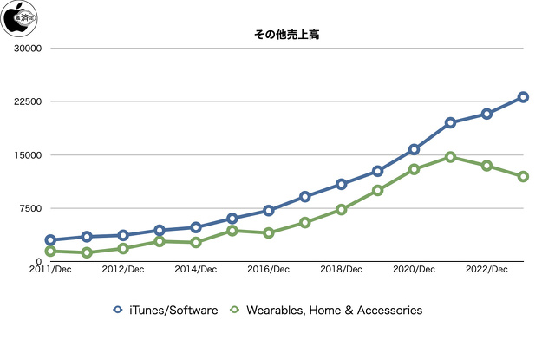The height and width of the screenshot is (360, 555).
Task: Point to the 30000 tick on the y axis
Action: (x=29, y=48)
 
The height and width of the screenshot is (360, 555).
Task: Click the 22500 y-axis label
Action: (x=29, y=101)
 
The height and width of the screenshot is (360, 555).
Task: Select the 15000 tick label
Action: (x=29, y=155)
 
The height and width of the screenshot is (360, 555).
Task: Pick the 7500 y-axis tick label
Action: (x=31, y=208)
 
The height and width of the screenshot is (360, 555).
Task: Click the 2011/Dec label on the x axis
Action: (x=50, y=271)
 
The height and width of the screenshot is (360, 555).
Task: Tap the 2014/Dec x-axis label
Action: (x=196, y=271)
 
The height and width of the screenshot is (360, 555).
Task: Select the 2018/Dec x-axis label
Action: (x=342, y=271)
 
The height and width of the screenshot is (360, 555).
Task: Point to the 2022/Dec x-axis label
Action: (x=487, y=271)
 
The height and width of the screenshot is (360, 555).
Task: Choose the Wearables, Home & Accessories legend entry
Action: (x=325, y=310)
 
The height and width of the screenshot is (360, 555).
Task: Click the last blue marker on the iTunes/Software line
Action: (x=524, y=97)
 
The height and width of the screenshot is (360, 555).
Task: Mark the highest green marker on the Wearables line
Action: (x=451, y=157)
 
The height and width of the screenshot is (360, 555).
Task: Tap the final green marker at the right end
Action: (x=524, y=177)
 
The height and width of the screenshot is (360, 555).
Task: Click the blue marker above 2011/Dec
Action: (x=50, y=240)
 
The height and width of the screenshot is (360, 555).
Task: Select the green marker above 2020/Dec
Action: (x=415, y=169)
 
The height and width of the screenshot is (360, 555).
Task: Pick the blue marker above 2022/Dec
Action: (x=487, y=114)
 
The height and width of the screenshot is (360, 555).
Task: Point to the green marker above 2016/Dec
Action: (x=269, y=233)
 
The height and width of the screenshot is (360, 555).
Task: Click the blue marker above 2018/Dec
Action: (x=342, y=184)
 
